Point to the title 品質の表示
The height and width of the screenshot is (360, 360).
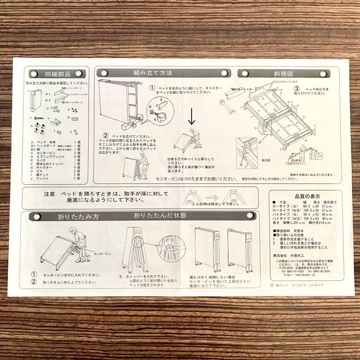(303, 196)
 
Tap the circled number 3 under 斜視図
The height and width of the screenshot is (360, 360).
(296, 89)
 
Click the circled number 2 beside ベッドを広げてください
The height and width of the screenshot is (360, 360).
(105, 136)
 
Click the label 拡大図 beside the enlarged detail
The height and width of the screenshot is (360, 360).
(266, 160)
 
